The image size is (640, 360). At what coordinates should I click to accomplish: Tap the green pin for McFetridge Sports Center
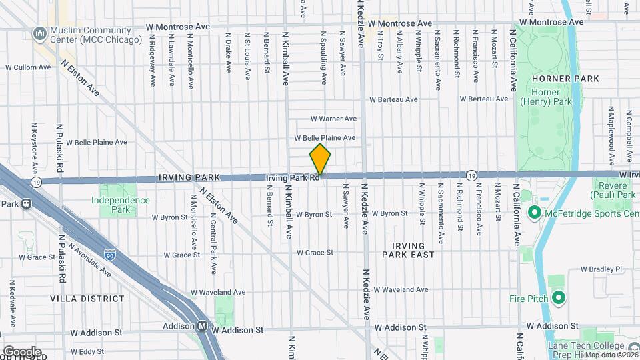[533, 213]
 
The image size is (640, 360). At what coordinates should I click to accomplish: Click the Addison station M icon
[201, 327]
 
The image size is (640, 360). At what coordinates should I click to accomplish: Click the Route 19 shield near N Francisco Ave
[471, 175]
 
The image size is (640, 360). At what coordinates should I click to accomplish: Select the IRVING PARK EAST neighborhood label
[409, 250]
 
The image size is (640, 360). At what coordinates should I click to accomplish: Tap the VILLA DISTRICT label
[87, 299]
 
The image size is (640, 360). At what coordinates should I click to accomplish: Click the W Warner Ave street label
[334, 119]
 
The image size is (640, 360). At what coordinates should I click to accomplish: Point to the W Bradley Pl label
[601, 269]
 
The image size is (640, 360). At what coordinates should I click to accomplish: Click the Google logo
[21, 351]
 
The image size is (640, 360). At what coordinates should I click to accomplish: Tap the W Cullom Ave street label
[29, 67]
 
